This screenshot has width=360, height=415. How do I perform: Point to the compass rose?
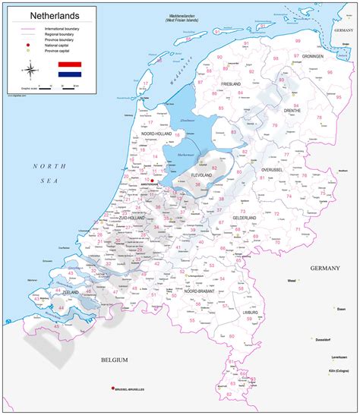pos(30,71)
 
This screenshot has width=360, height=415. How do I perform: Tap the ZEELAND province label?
pos(52,291)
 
